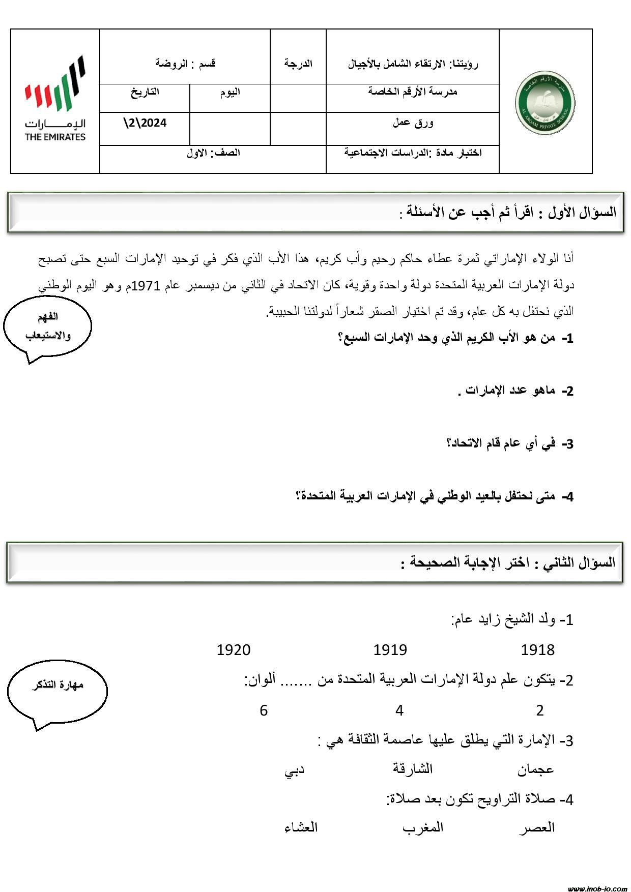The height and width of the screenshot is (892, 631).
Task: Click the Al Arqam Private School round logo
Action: [545, 102]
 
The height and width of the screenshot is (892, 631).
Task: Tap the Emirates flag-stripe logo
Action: [55, 84]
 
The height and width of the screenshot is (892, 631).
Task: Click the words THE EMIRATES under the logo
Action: [55, 137]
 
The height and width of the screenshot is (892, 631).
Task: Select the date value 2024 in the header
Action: [146, 123]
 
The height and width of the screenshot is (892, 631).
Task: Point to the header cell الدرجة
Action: [298, 64]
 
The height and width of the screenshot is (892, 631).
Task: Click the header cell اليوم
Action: [230, 92]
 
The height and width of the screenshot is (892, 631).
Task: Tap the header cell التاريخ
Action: [145, 92]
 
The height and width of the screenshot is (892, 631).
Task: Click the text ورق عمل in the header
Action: [413, 123]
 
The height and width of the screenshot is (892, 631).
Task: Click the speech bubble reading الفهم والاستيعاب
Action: [47, 326]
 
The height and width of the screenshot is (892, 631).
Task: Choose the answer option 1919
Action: [390, 650]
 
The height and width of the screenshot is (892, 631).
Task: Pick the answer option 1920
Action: [234, 650]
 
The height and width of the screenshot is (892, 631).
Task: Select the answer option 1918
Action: [537, 650]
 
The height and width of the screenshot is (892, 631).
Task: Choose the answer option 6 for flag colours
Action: [264, 710]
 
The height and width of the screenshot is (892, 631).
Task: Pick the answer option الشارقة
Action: [413, 768]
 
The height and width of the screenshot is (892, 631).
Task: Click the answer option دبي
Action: [294, 770]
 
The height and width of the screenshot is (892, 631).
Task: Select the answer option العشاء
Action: [301, 827]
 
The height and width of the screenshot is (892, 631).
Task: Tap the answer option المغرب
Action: [423, 828]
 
